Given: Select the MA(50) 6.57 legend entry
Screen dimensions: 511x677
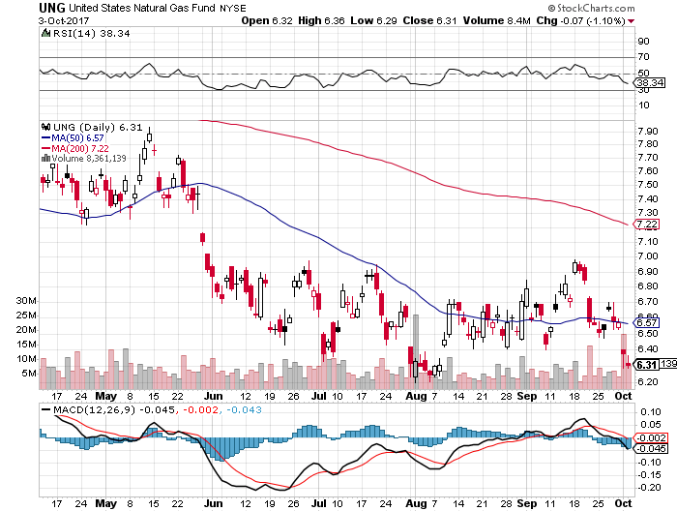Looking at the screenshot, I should click(x=74, y=139).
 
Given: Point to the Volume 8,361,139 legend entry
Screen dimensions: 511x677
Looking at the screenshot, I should click(x=89, y=159).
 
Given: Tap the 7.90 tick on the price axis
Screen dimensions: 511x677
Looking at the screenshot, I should click(x=650, y=132).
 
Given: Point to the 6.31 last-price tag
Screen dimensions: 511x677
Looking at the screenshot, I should click(x=646, y=364).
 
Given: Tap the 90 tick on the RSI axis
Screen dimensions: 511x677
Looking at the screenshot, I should click(x=642, y=42).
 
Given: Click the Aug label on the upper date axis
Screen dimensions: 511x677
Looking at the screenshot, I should click(x=416, y=396).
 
